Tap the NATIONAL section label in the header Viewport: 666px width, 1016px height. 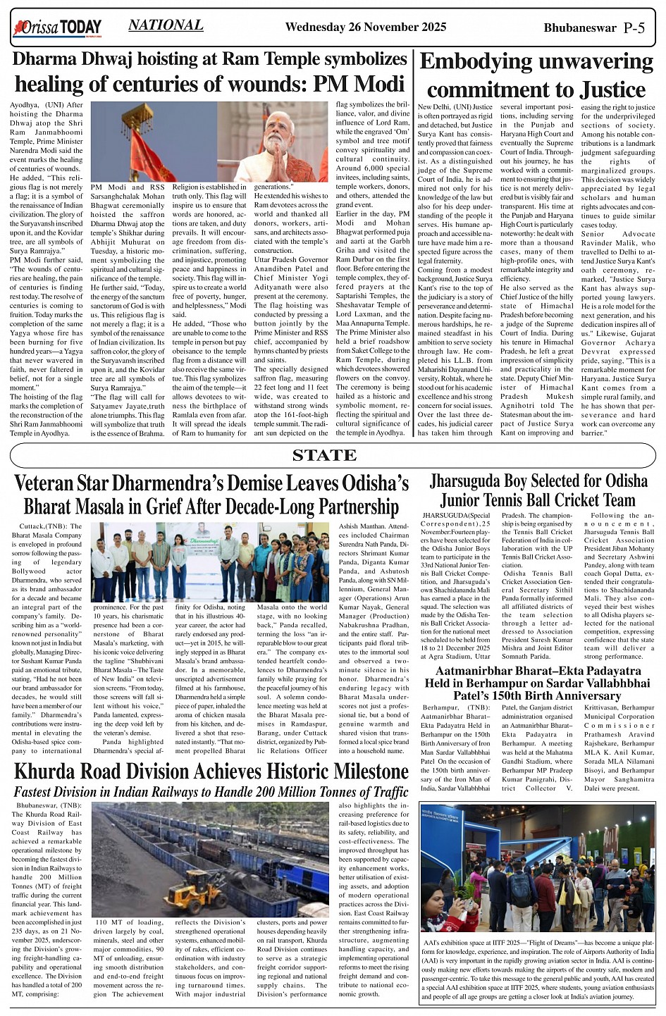click(166, 25)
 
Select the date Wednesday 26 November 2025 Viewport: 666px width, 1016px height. click(365, 27)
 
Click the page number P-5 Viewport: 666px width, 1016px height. click(634, 28)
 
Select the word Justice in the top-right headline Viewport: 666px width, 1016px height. click(612, 90)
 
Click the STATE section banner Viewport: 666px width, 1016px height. click(324, 455)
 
